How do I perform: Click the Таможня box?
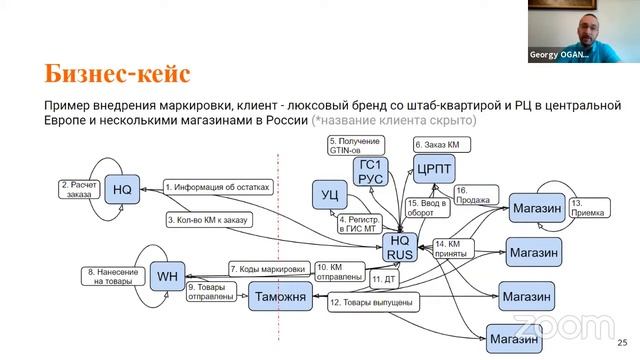tap(280, 297)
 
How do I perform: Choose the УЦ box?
tap(329, 192)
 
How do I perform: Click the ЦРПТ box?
tap(435, 169)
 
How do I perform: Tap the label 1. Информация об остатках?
tap(211, 186)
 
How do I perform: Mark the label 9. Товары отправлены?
tap(209, 292)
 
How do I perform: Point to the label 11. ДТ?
tap(384, 279)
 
